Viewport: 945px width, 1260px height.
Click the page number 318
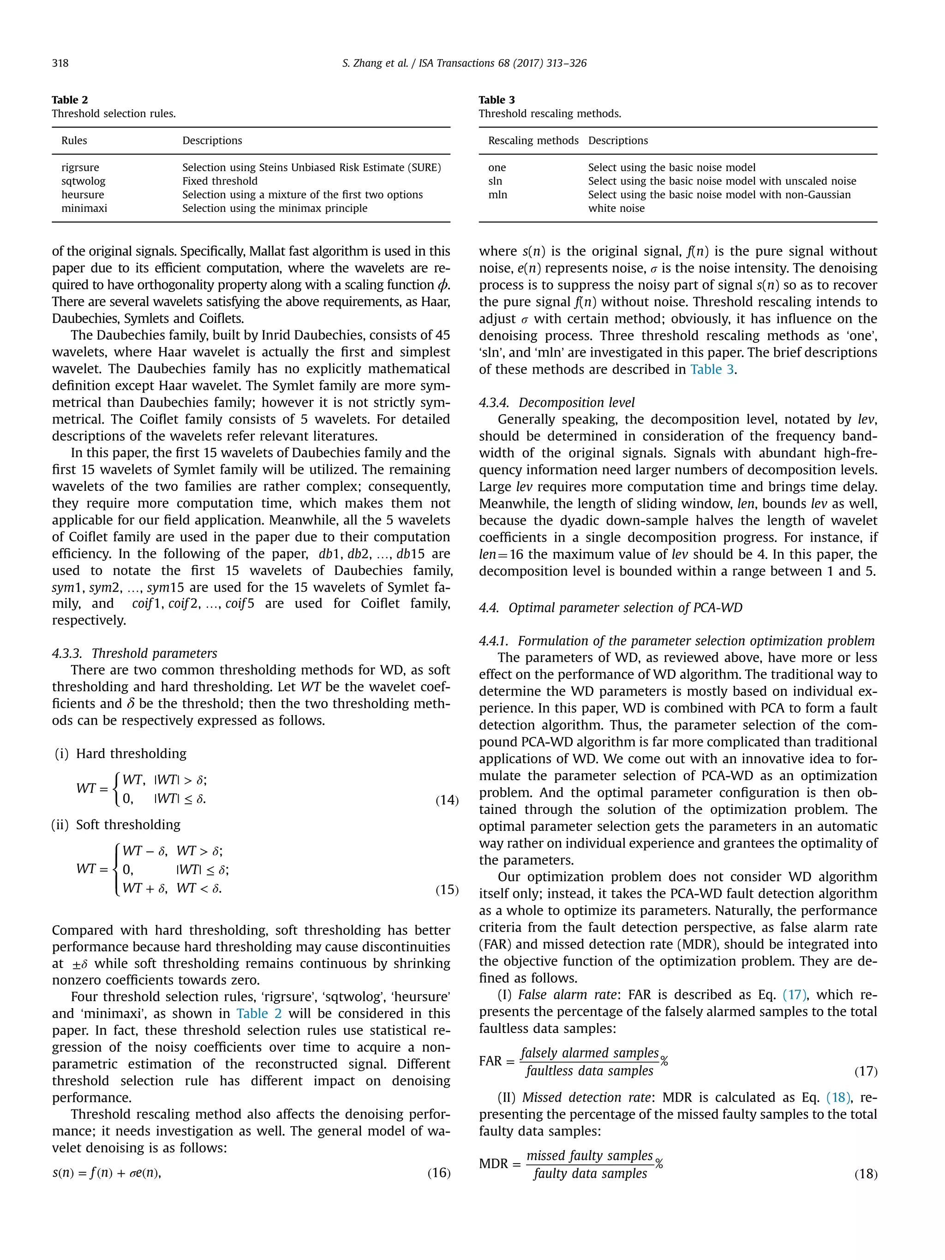tap(60, 63)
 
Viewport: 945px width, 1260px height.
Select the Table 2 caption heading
tap(70, 100)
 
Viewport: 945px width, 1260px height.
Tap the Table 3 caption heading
tap(496, 100)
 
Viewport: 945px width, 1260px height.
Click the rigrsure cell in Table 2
tap(80, 167)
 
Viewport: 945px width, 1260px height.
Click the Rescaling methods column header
tap(532, 141)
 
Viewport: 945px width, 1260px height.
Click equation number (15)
tap(447, 889)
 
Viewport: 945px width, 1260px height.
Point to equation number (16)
tap(439, 1172)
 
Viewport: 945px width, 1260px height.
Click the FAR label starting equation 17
tap(490, 1061)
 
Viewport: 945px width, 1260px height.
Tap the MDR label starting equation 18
tap(493, 1164)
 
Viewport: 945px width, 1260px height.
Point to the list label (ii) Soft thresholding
tap(116, 824)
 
